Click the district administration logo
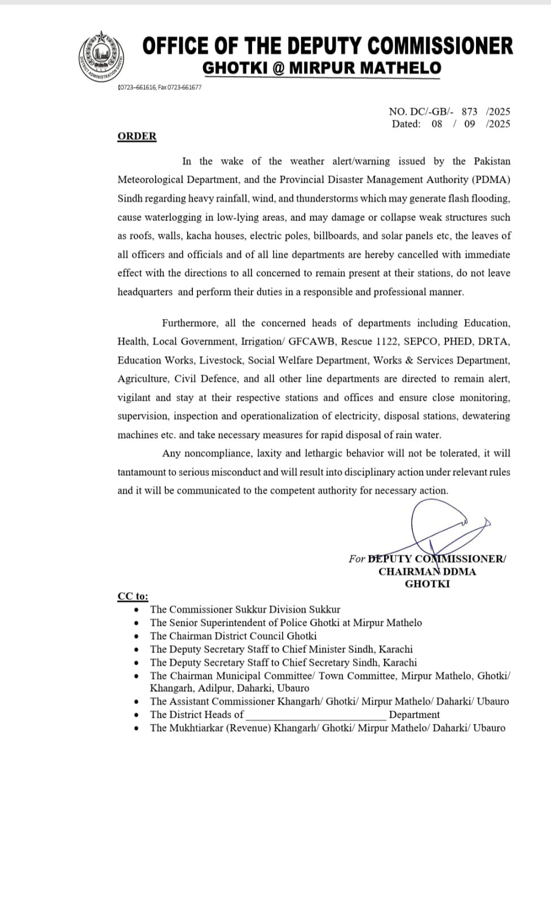101,57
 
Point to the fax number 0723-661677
184,87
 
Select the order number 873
469,112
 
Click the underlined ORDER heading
137,136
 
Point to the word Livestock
221,360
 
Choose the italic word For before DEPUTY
356,559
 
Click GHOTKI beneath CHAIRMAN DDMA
427,584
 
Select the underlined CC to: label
133,596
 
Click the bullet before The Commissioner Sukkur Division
136,610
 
